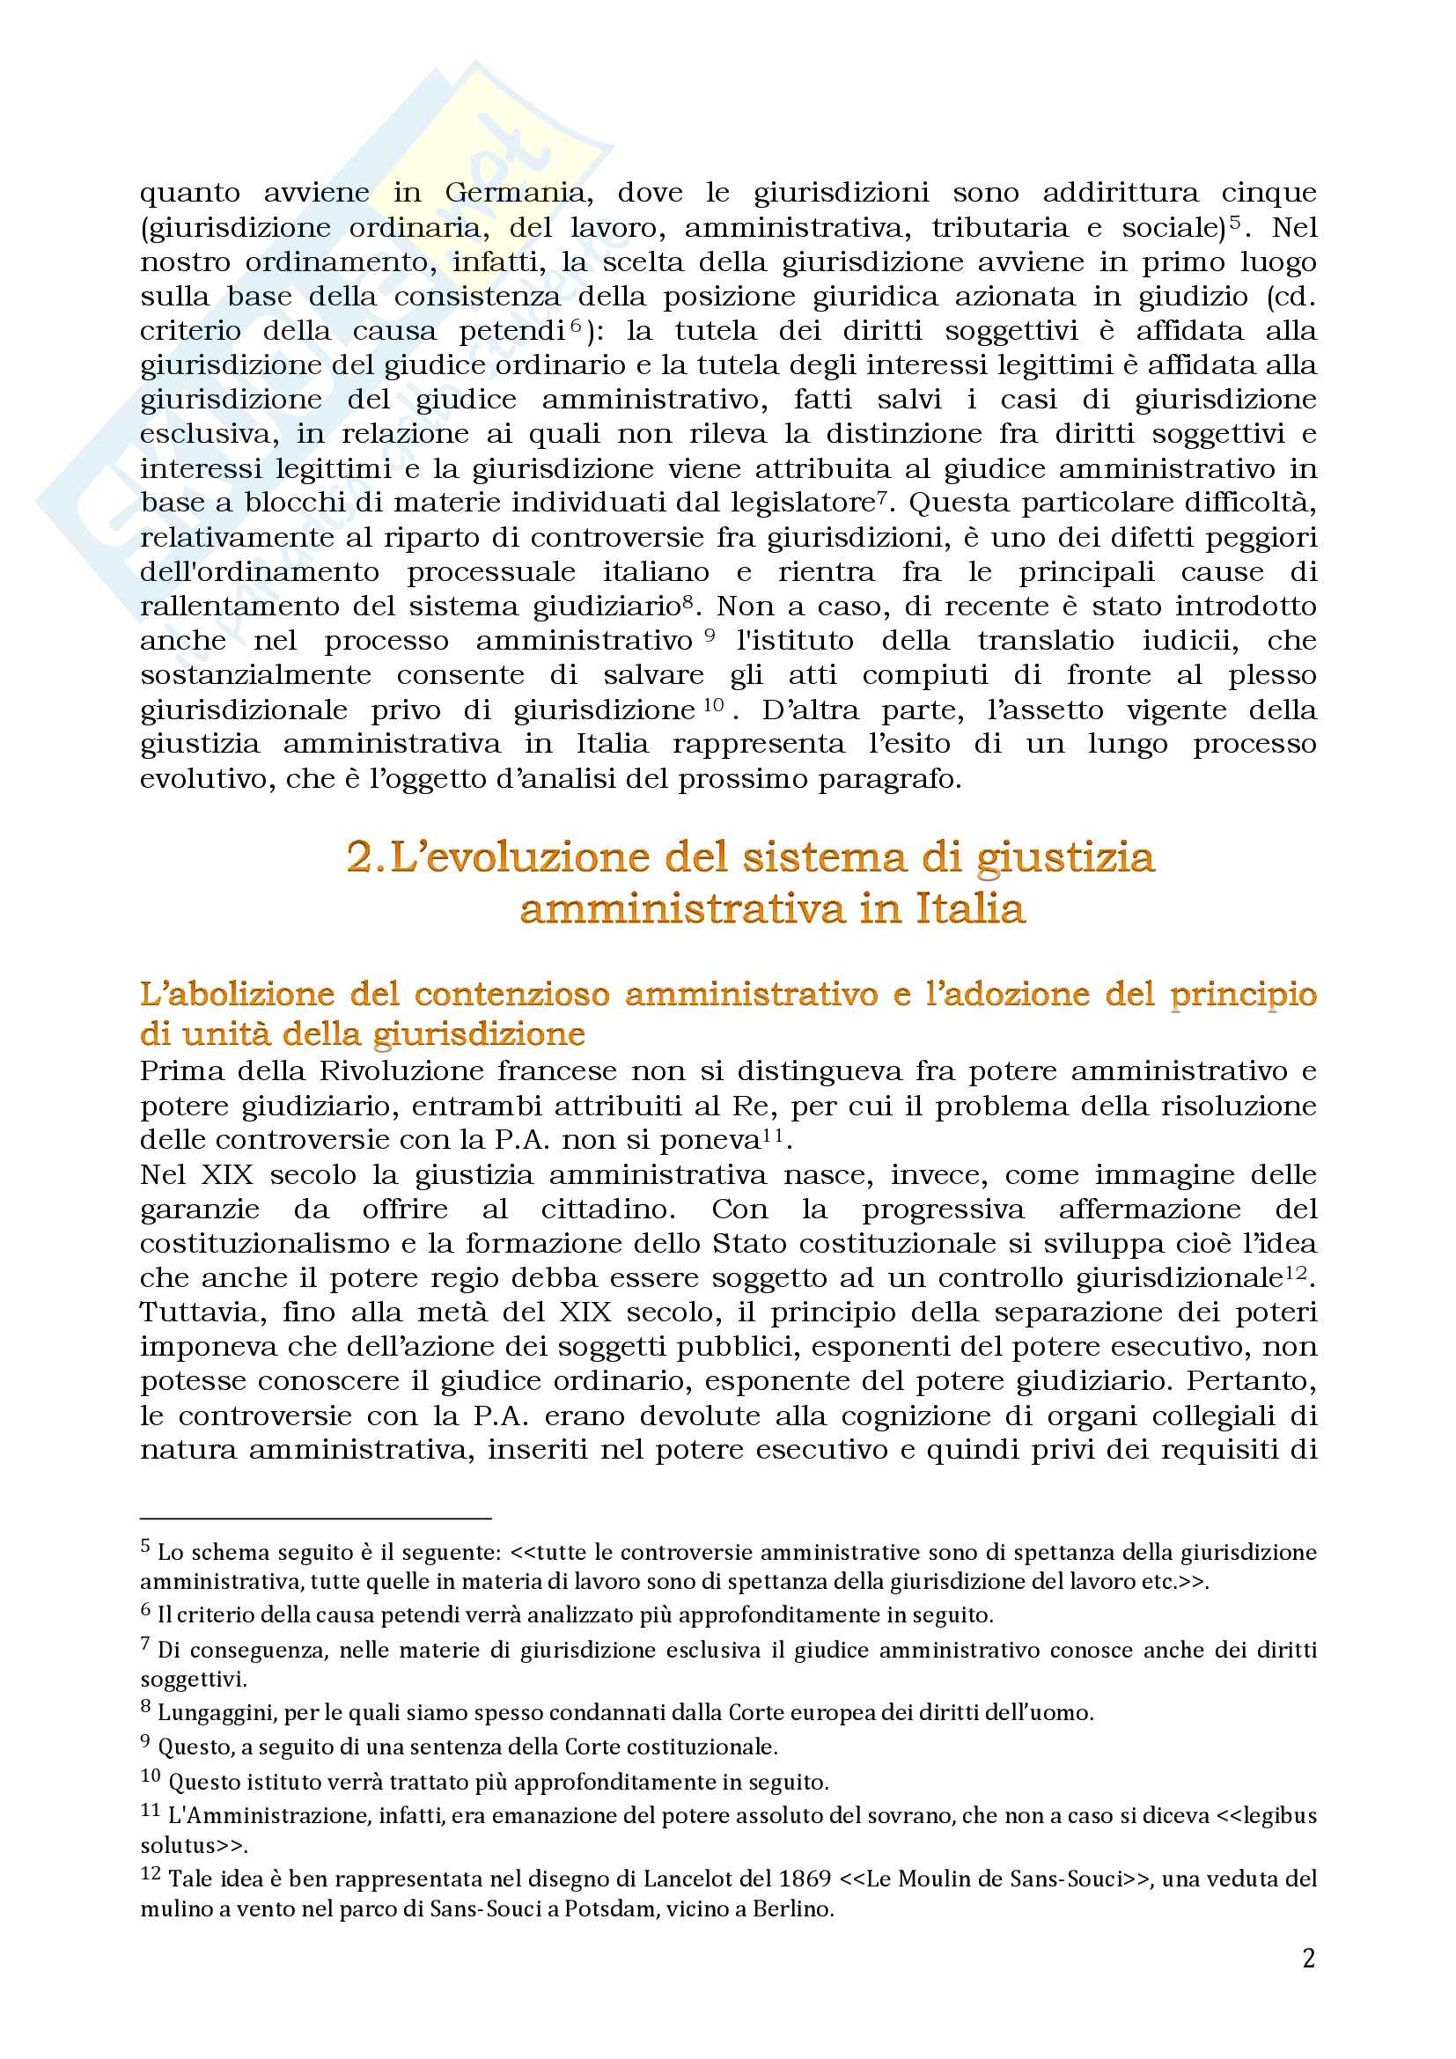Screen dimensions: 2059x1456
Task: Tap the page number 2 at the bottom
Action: tap(1308, 1959)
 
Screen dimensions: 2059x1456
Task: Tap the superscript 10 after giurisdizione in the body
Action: tap(714, 705)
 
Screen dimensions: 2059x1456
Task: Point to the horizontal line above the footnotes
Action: tap(316, 1519)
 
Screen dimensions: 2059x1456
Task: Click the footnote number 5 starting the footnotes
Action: tap(145, 1545)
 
